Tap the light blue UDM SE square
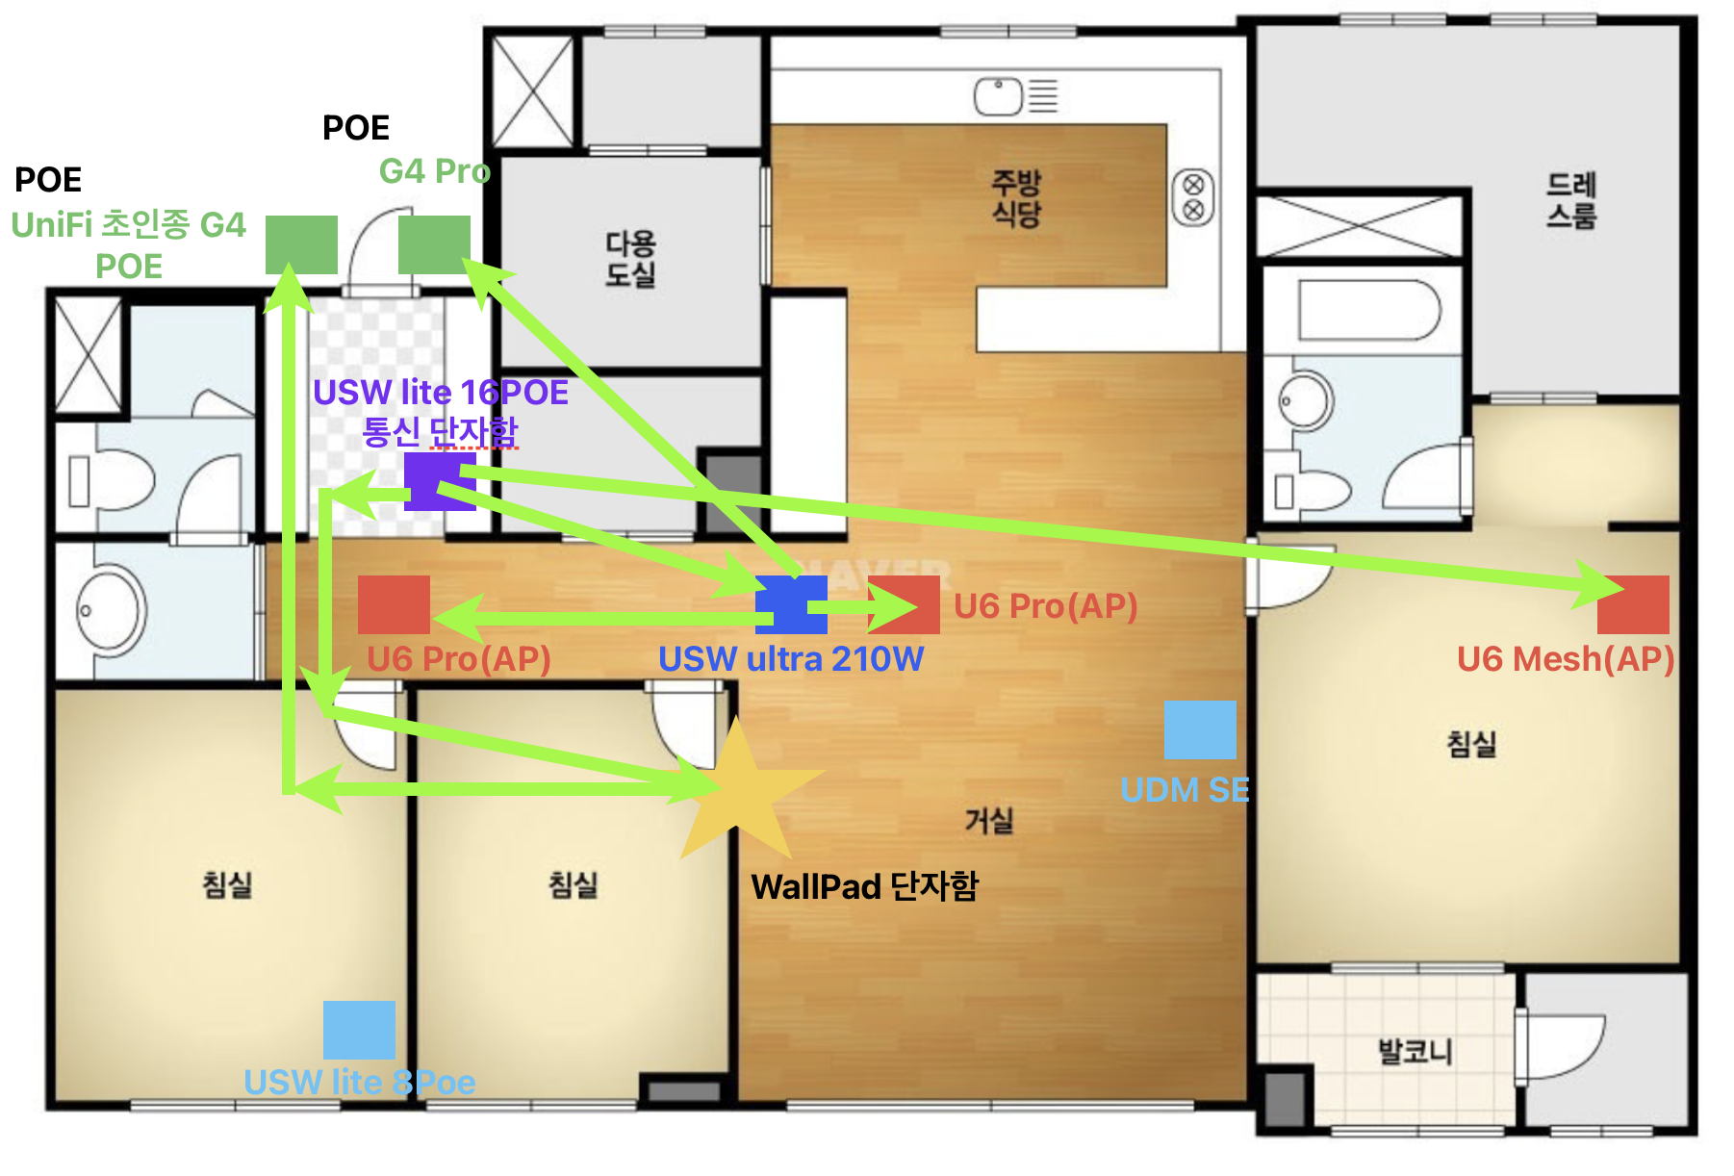1200,729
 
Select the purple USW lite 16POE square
440,481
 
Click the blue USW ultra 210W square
791,604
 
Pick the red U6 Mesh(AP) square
1633,604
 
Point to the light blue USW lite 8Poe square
359,1030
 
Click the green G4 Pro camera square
434,244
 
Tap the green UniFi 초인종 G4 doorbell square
301,244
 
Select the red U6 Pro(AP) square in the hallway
394,604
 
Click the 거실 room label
989,821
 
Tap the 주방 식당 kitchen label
1017,197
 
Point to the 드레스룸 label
1571,199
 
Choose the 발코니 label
1415,1050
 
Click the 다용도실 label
630,258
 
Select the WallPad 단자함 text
864,885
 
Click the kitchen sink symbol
998,96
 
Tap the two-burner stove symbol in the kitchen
1193,197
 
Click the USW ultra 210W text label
791,659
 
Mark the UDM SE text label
1185,790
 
